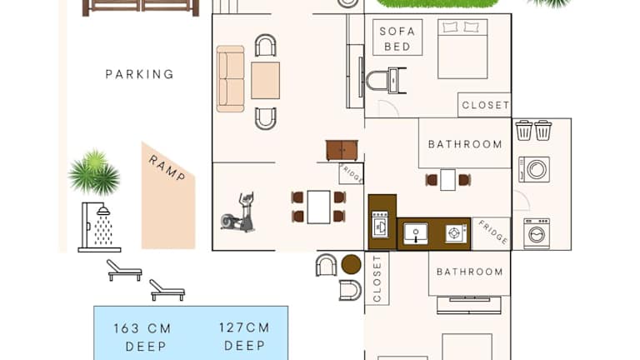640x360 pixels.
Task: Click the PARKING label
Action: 140,74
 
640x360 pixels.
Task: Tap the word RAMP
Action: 167,168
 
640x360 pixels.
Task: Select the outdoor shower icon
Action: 99,227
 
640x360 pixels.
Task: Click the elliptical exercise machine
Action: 238,212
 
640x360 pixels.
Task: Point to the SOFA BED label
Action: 397,39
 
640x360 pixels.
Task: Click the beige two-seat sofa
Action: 230,79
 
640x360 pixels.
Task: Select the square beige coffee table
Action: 265,80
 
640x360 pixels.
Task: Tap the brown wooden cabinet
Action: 342,150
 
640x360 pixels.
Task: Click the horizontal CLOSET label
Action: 485,105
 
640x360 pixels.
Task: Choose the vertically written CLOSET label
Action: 377,278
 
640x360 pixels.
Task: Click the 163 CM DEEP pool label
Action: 142,337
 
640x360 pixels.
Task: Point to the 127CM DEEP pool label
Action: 244,337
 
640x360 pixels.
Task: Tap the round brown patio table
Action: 351,264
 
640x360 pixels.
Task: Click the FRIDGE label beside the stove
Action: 493,232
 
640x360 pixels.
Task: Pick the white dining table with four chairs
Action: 319,207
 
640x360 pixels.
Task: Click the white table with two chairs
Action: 447,180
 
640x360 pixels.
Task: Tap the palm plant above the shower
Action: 94,172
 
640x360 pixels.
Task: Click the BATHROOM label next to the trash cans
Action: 465,144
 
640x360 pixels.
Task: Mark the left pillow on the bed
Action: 451,27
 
